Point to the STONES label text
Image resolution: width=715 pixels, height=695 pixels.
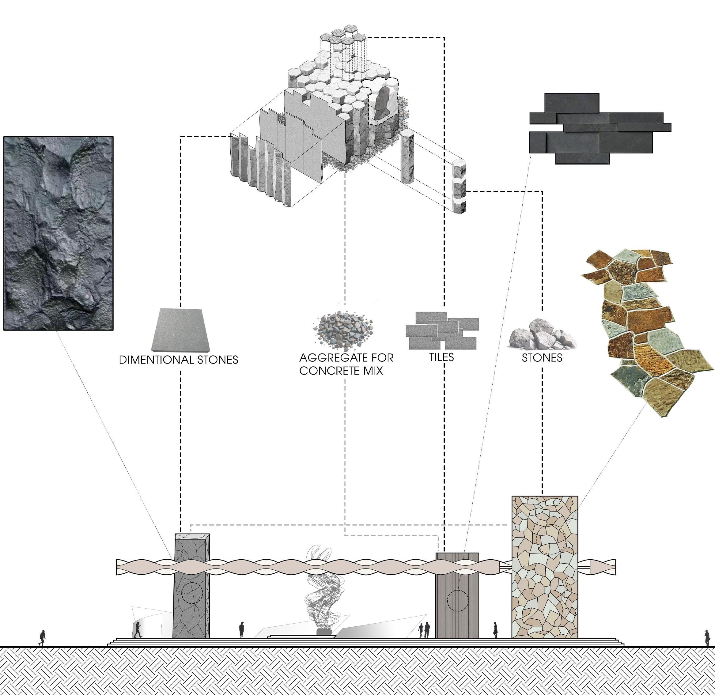542,358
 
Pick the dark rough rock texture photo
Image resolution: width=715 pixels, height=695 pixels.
59,234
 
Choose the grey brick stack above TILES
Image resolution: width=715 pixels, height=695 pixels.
442,330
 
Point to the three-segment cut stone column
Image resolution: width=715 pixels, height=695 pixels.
459,186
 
